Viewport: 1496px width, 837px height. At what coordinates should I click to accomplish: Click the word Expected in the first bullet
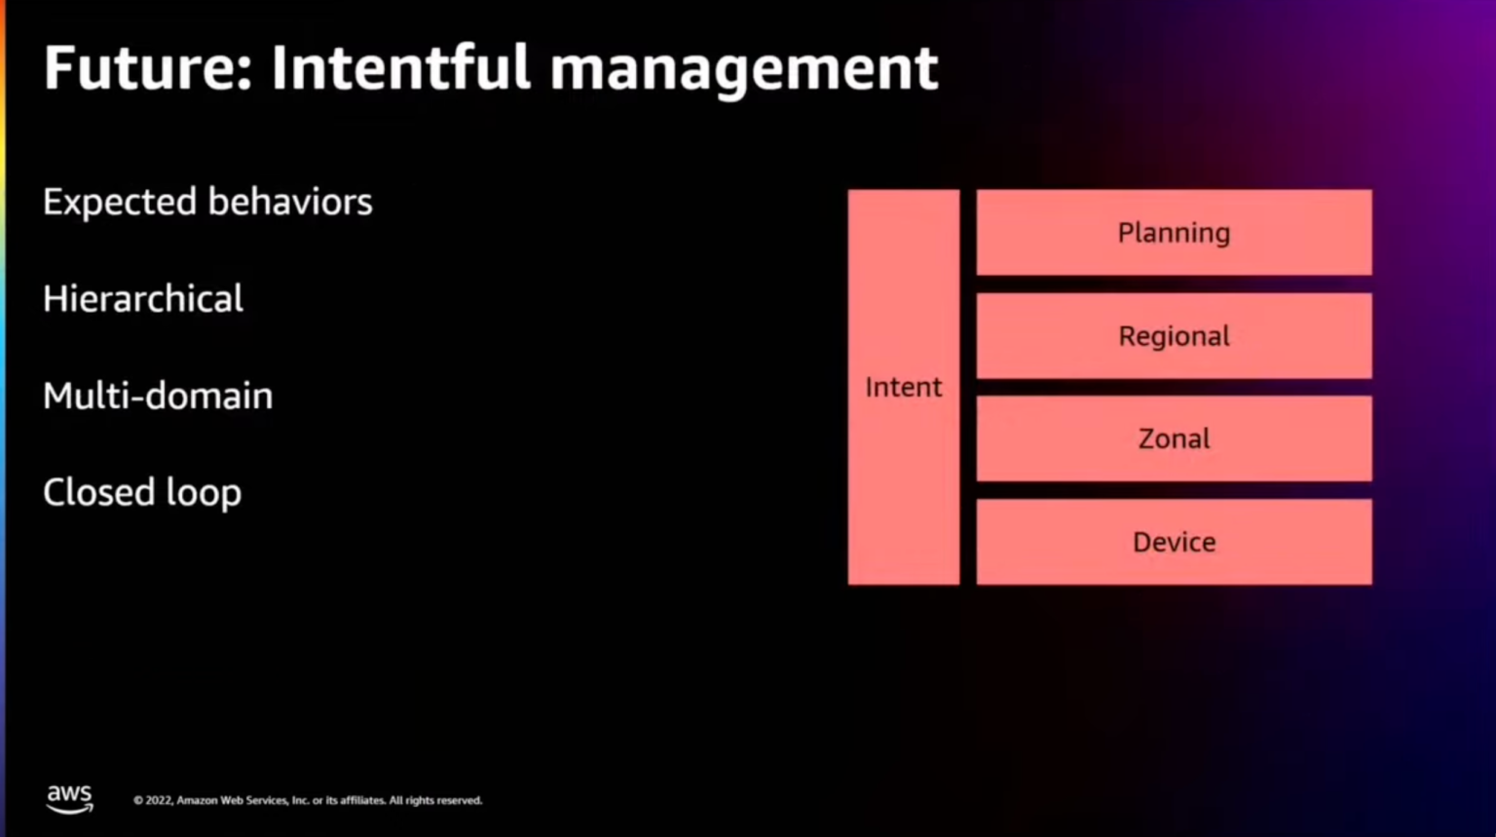click(x=120, y=203)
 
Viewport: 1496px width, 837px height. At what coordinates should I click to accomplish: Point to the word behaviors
click(x=289, y=202)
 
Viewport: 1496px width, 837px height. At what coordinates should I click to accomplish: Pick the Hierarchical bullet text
click(x=143, y=299)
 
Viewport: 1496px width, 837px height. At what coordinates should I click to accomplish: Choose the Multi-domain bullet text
click(x=158, y=396)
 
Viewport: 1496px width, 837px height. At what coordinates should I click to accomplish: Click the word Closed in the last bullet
click(x=97, y=492)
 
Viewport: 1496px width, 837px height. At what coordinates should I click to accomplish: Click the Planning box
click(x=1174, y=233)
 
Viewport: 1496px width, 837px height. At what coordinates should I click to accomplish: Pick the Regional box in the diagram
click(x=1174, y=336)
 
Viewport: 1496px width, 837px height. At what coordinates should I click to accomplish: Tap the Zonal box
click(x=1174, y=438)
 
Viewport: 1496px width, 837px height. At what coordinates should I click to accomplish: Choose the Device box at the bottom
click(x=1174, y=542)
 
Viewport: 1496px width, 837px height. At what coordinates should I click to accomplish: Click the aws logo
click(x=69, y=798)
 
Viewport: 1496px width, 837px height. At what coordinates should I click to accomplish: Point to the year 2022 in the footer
click(x=159, y=801)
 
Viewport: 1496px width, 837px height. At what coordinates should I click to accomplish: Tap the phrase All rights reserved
click(x=435, y=801)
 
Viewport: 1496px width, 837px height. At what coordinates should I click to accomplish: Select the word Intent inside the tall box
click(x=903, y=388)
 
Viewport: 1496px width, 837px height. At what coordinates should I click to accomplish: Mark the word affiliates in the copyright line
click(x=362, y=801)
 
